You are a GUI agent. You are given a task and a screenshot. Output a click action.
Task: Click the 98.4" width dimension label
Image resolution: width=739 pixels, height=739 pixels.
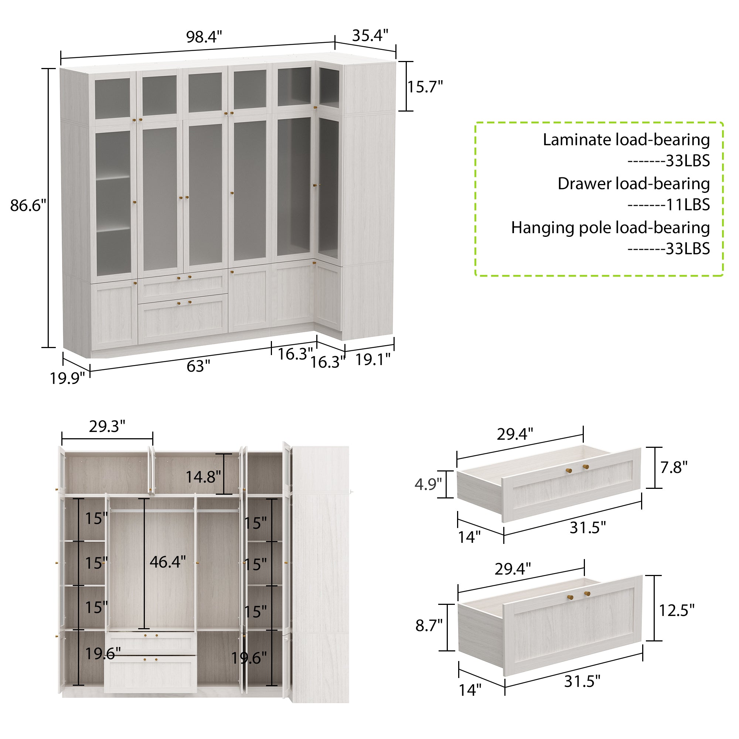204,37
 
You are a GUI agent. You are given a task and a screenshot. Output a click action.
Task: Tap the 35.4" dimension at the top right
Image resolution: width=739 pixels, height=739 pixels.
370,35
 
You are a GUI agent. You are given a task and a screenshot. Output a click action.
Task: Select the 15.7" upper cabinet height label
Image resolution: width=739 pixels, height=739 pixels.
425,87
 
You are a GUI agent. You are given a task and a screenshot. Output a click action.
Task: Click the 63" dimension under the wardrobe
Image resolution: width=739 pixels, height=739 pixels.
198,366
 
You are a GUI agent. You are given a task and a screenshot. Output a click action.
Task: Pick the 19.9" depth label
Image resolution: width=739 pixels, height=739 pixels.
67,378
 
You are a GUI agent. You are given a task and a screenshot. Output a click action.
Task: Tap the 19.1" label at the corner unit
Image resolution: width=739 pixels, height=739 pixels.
373,359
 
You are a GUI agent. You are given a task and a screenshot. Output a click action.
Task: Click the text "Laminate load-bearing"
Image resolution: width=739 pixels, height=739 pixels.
626,140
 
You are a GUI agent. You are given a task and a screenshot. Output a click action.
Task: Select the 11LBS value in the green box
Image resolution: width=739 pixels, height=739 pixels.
688,205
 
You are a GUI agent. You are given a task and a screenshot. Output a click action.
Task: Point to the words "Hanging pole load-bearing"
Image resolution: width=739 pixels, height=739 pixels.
610,228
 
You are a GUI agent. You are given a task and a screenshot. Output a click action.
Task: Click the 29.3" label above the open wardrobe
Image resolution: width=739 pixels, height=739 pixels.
107,426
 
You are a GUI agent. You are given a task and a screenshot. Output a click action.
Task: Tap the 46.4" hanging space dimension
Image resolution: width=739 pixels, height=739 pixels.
167,562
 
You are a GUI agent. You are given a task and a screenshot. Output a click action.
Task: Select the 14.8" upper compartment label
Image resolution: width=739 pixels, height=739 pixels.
203,477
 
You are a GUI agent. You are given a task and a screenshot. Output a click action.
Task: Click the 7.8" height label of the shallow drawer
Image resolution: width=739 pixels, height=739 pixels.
674,467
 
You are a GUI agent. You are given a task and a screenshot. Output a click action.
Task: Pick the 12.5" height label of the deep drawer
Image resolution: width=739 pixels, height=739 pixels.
676,610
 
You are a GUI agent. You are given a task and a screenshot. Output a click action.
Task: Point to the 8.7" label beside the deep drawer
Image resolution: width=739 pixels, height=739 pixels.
429,626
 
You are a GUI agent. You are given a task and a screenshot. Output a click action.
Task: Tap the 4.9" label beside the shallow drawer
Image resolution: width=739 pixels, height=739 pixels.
428,484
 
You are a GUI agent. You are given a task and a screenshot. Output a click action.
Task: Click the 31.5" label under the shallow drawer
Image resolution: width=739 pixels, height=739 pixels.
588,528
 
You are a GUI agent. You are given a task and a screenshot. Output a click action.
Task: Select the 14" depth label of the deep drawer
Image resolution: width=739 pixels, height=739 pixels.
470,690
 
